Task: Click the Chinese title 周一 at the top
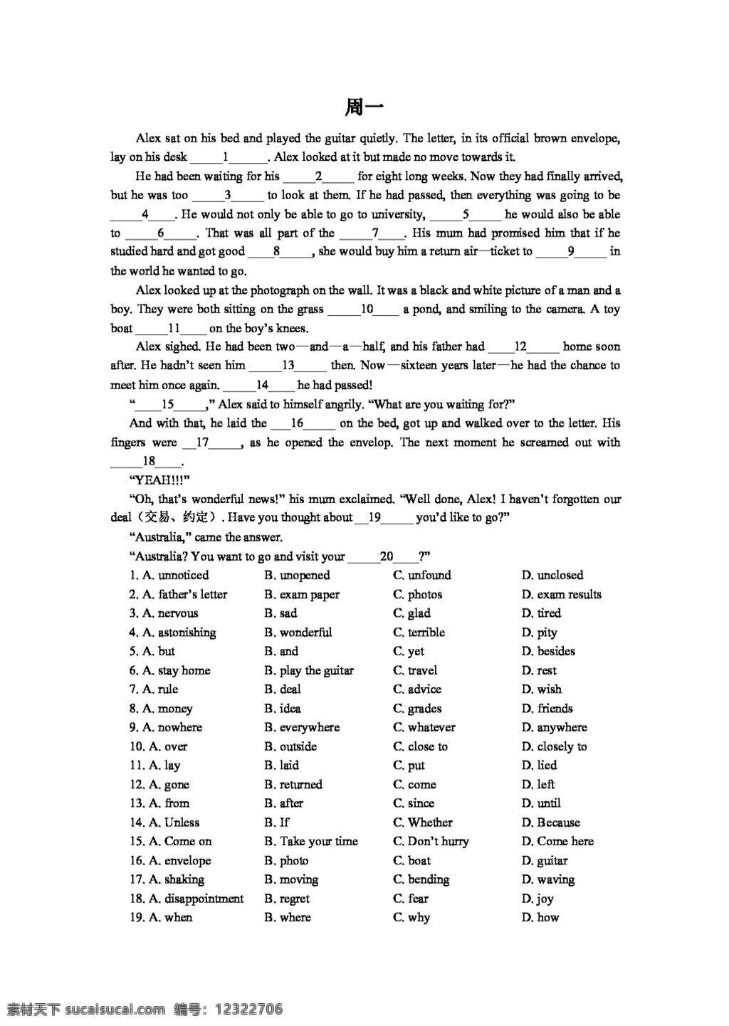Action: (x=364, y=107)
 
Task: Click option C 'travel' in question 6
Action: (x=422, y=670)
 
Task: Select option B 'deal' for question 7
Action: (x=290, y=689)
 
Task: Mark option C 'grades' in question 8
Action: (x=424, y=708)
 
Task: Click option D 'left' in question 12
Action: (x=545, y=784)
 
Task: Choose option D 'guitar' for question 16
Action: (x=552, y=860)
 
